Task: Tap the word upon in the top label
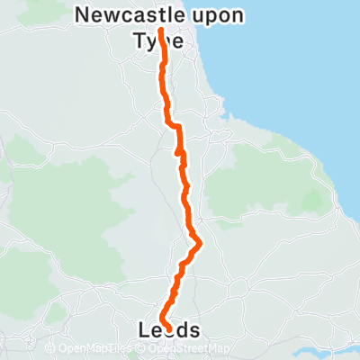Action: click(x=220, y=15)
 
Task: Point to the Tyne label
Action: click(x=157, y=40)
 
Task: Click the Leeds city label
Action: click(x=169, y=330)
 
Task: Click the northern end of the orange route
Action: click(x=161, y=30)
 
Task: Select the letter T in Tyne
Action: click(x=139, y=40)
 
